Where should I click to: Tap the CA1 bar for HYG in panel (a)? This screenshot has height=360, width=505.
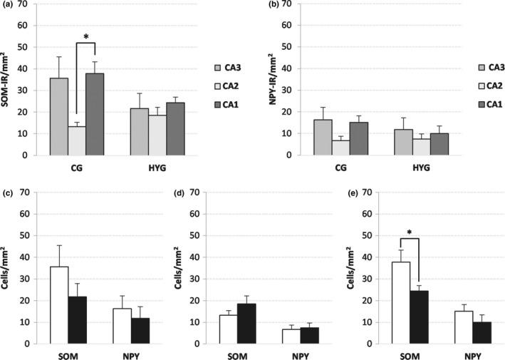pos(175,128)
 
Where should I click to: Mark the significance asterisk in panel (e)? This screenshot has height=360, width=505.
pos(411,232)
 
